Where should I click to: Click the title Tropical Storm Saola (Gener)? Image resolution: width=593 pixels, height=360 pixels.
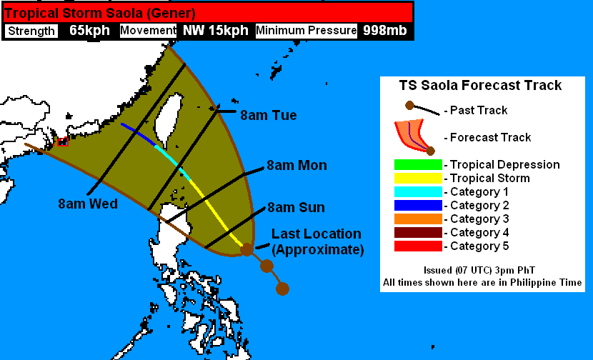pos(101,13)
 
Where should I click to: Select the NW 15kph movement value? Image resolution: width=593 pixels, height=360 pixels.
pos(216,31)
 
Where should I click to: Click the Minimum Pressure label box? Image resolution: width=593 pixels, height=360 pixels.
pos(306,31)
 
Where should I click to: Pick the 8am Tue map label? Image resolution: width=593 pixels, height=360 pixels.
pos(268,115)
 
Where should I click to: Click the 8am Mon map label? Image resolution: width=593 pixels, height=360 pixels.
pos(296,166)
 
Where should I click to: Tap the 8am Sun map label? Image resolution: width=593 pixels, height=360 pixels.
pos(296,208)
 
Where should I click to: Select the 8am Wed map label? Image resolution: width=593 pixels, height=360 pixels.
pos(88,204)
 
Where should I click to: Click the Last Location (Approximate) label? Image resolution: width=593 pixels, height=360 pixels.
pos(317,242)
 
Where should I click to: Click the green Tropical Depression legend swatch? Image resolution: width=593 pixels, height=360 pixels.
pos(418,165)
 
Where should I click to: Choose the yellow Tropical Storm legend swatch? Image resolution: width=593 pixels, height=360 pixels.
pos(418,179)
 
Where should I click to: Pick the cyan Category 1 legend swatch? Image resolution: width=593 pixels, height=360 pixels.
pos(418,192)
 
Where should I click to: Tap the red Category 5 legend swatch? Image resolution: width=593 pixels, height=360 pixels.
pos(418,246)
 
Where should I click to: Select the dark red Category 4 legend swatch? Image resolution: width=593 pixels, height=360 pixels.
pos(418,233)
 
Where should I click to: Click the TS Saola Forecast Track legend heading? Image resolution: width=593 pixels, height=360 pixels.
pos(480,86)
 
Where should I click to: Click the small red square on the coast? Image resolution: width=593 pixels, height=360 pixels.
pos(62,141)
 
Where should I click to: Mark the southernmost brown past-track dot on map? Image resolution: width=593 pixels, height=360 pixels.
pos(282,289)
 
